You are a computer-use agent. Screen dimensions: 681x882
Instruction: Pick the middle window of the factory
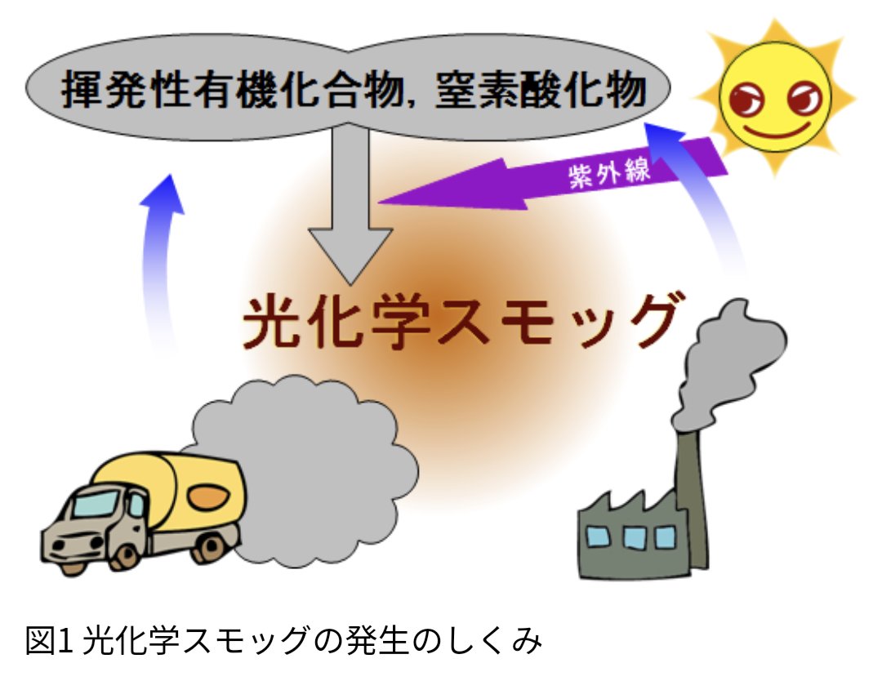[634, 536]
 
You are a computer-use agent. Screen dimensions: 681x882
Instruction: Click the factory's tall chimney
[691, 490]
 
